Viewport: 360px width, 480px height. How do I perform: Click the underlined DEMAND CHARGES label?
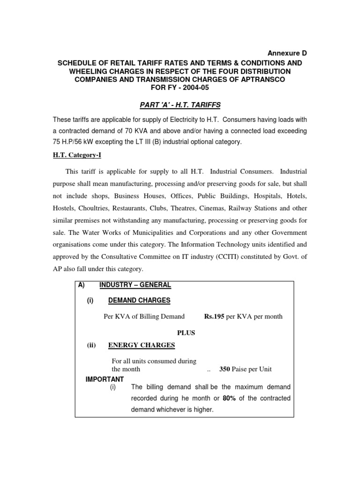click(x=139, y=300)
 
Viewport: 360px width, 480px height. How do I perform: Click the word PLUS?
click(x=185, y=333)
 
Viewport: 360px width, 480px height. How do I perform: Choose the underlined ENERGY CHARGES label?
click(x=142, y=345)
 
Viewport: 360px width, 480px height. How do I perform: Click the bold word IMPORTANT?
click(x=105, y=379)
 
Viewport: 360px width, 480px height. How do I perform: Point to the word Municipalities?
click(x=149, y=232)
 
